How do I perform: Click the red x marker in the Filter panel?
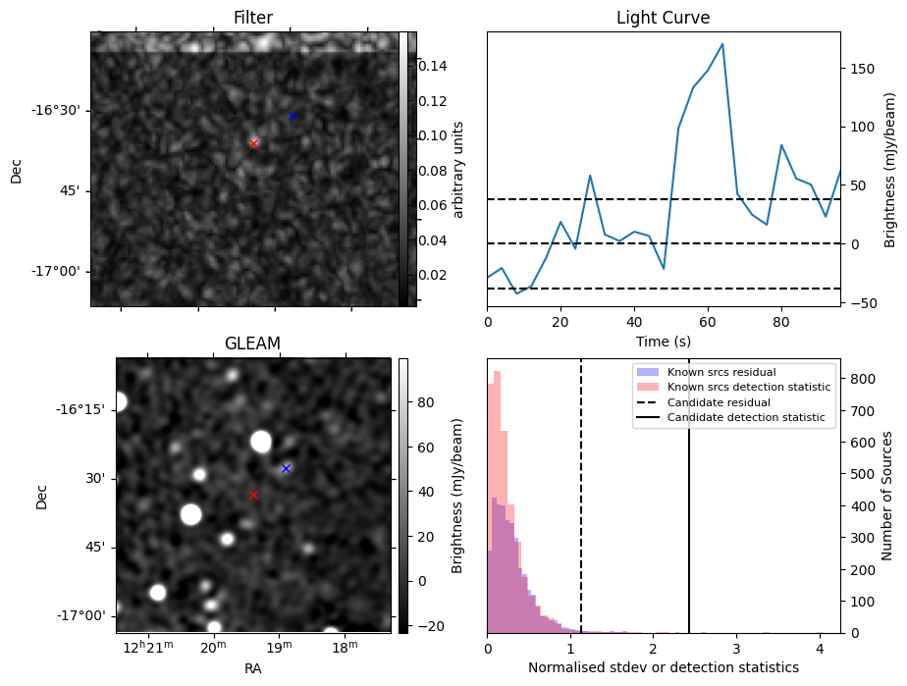click(253, 143)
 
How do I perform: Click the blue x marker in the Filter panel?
click(293, 116)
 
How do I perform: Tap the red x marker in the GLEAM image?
click(253, 495)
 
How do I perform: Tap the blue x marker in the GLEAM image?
click(286, 468)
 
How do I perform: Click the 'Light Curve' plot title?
click(663, 18)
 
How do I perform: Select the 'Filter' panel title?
click(252, 18)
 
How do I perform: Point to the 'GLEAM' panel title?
click(252, 343)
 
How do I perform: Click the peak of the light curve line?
click(722, 44)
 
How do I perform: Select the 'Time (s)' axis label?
click(663, 340)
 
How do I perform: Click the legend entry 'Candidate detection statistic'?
click(749, 418)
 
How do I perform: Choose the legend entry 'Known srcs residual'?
click(720, 372)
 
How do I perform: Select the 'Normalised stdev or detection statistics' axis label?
click(663, 667)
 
